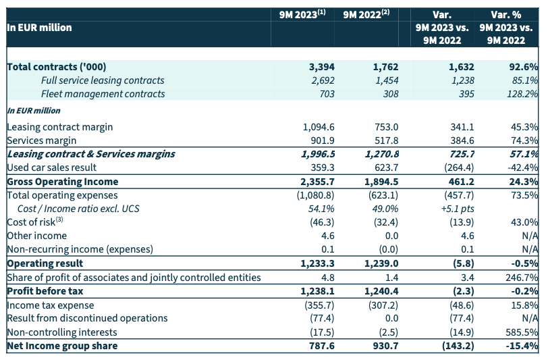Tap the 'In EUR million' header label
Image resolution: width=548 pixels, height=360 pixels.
pos(39,28)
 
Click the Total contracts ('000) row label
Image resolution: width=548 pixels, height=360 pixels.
pos(57,67)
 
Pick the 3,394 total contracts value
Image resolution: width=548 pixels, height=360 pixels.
pos(321,67)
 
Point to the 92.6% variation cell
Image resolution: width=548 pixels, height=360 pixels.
pos(524,67)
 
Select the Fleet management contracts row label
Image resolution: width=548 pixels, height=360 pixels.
pos(103,94)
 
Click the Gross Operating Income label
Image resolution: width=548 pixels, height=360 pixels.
pos(62,182)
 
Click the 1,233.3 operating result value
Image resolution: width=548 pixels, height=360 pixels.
pos(317,263)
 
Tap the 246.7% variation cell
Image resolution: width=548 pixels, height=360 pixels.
pos(522,278)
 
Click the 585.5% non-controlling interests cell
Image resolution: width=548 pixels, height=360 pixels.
pos(522,332)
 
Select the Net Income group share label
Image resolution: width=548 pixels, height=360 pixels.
pos(61,346)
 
